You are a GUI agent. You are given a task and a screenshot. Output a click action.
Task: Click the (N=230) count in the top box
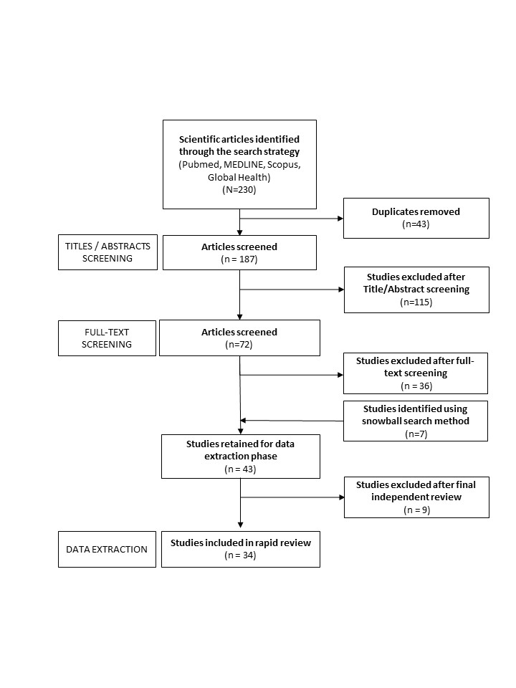click(239, 191)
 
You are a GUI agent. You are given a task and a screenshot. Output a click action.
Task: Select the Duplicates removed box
click(416, 218)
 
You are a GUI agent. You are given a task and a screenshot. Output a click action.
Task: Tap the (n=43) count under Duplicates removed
click(416, 224)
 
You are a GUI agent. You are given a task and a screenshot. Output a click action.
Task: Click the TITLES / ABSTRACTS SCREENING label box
click(107, 252)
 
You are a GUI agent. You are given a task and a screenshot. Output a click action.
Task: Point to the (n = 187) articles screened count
click(239, 259)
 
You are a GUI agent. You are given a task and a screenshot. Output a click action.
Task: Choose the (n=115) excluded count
click(416, 302)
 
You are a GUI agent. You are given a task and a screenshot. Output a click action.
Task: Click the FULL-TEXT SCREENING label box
click(107, 338)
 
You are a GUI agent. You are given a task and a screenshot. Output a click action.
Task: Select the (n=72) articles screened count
click(239, 345)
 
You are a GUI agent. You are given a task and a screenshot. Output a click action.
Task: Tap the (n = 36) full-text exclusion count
click(416, 386)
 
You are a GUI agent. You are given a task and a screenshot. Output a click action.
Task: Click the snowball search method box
click(416, 421)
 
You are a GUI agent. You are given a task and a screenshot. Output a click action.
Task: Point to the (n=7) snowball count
click(416, 434)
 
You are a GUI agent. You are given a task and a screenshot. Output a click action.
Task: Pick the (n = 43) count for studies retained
click(239, 469)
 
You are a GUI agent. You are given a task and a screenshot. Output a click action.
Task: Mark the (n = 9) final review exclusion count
click(416, 510)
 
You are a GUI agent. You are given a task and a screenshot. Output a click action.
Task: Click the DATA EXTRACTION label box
click(107, 549)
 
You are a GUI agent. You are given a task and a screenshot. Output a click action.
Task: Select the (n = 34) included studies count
click(240, 555)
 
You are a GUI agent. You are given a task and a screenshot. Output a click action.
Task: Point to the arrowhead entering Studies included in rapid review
click(239, 527)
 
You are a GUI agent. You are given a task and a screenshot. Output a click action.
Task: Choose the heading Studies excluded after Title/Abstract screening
click(416, 283)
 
